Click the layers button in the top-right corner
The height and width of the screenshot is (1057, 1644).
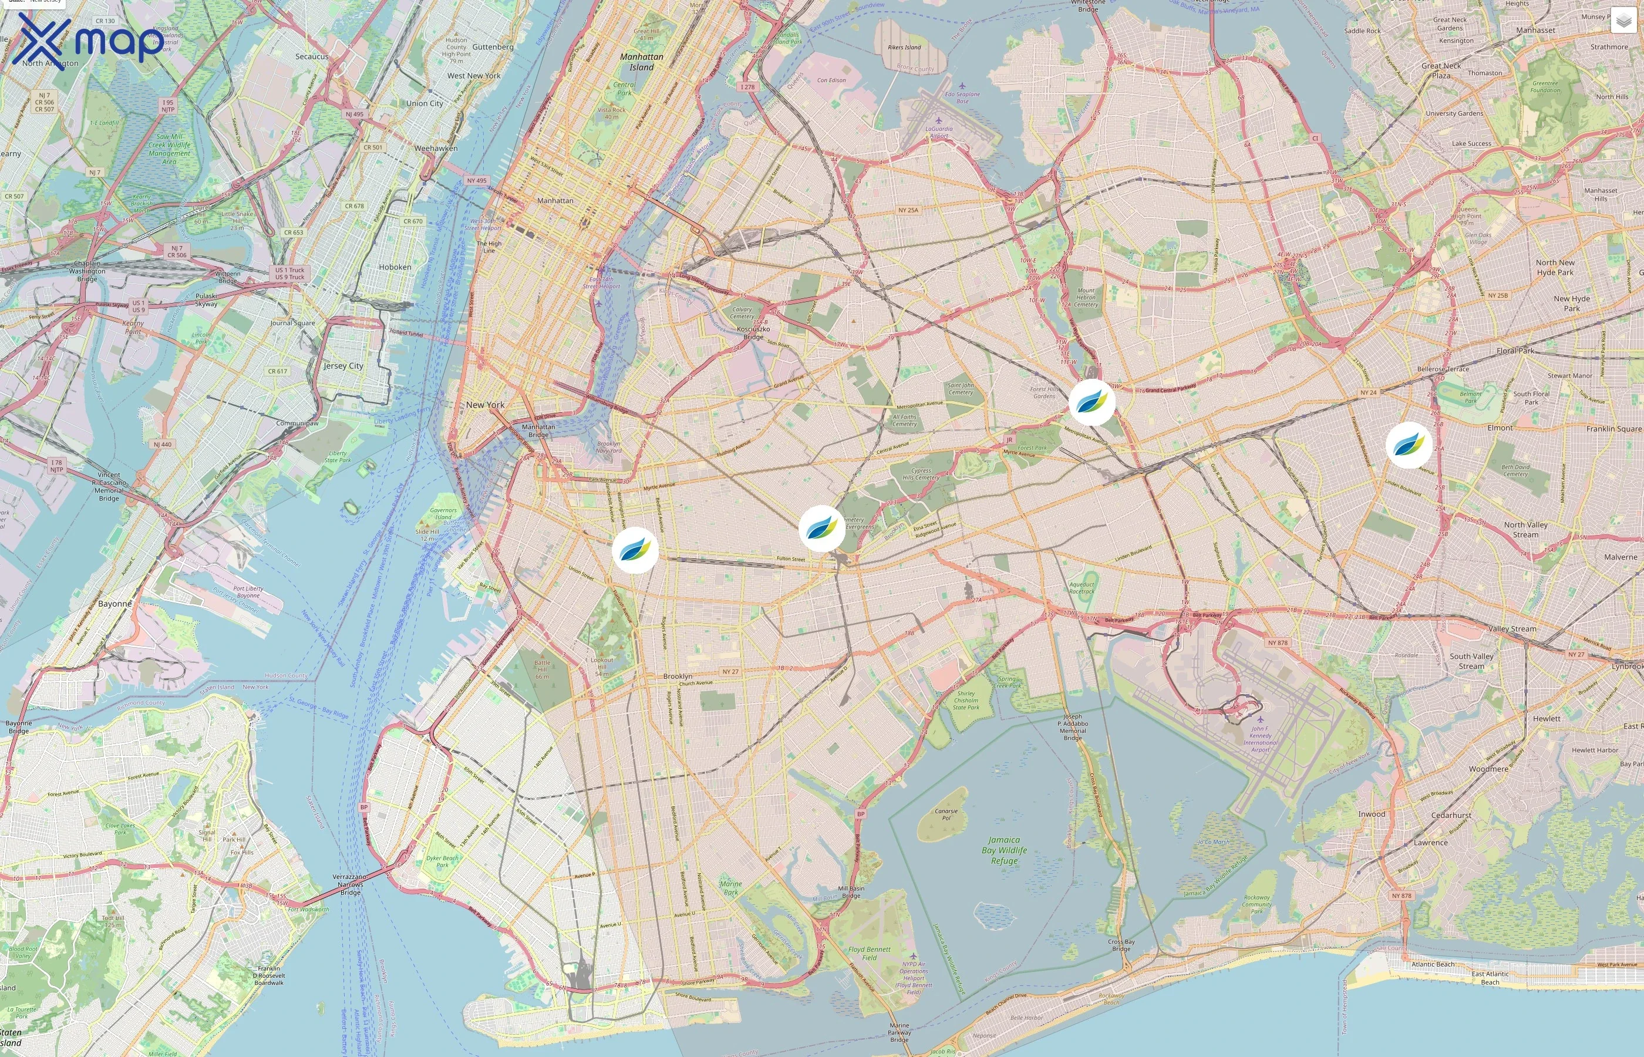1623,21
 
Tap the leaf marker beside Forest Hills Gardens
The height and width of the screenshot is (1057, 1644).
1091,402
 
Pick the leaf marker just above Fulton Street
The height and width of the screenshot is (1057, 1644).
821,528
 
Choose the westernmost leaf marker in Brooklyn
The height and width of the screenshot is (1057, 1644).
635,550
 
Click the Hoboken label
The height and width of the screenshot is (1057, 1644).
395,267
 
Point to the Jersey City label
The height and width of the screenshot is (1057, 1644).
343,366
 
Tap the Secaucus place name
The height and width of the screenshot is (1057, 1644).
312,56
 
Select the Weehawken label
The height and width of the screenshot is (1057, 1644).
436,148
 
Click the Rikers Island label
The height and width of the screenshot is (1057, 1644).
904,48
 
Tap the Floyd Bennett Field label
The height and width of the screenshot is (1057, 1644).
870,954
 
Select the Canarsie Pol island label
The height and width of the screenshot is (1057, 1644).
946,814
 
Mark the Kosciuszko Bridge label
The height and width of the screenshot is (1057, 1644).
753,333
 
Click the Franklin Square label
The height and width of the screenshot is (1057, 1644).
1614,429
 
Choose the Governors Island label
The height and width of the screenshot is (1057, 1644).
443,513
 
